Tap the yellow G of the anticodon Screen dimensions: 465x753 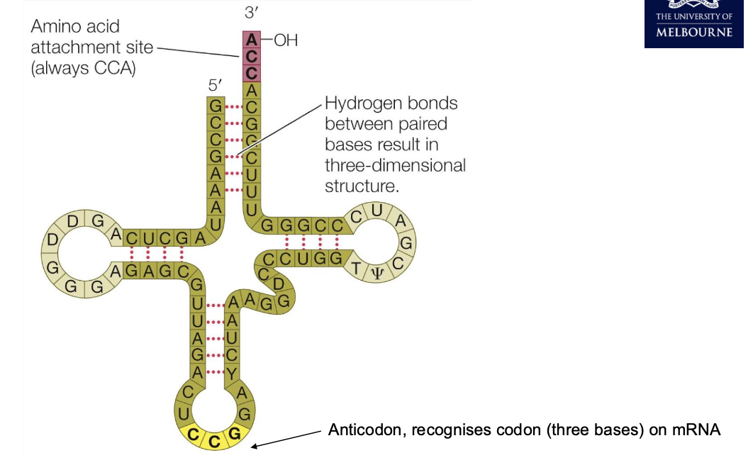tap(235, 432)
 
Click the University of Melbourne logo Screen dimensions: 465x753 tap(694, 24)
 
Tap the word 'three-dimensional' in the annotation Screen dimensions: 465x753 tap(395, 166)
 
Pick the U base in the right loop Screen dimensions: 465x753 tap(378, 210)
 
